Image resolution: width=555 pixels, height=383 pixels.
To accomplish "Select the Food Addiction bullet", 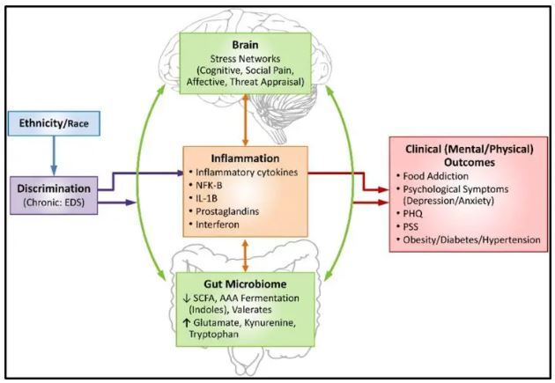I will point(444,176).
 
